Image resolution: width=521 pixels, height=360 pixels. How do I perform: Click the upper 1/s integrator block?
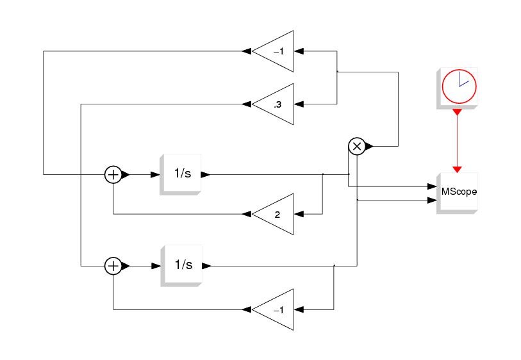181,174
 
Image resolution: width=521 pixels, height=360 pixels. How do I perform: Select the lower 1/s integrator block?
181,266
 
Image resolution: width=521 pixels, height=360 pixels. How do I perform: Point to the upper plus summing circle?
113,174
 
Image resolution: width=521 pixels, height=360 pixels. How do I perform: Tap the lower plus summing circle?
113,266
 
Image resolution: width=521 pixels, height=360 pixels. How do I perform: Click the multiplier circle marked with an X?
357,146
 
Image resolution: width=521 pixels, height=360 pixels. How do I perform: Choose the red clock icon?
459,86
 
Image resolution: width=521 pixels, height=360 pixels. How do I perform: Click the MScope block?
457,193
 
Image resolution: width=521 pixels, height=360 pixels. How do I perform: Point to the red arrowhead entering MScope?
457,170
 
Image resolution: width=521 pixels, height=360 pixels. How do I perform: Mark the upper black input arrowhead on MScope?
432,186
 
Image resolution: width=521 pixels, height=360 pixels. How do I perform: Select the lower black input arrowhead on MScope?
432,200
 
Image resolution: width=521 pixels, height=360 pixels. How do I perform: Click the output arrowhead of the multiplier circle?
369,146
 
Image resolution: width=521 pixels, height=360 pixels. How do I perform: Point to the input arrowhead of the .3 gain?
299,104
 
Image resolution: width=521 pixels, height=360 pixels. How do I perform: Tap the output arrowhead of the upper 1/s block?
206,174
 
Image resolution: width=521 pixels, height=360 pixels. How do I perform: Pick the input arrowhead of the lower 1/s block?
156,266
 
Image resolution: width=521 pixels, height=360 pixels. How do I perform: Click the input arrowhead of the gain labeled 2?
299,214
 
